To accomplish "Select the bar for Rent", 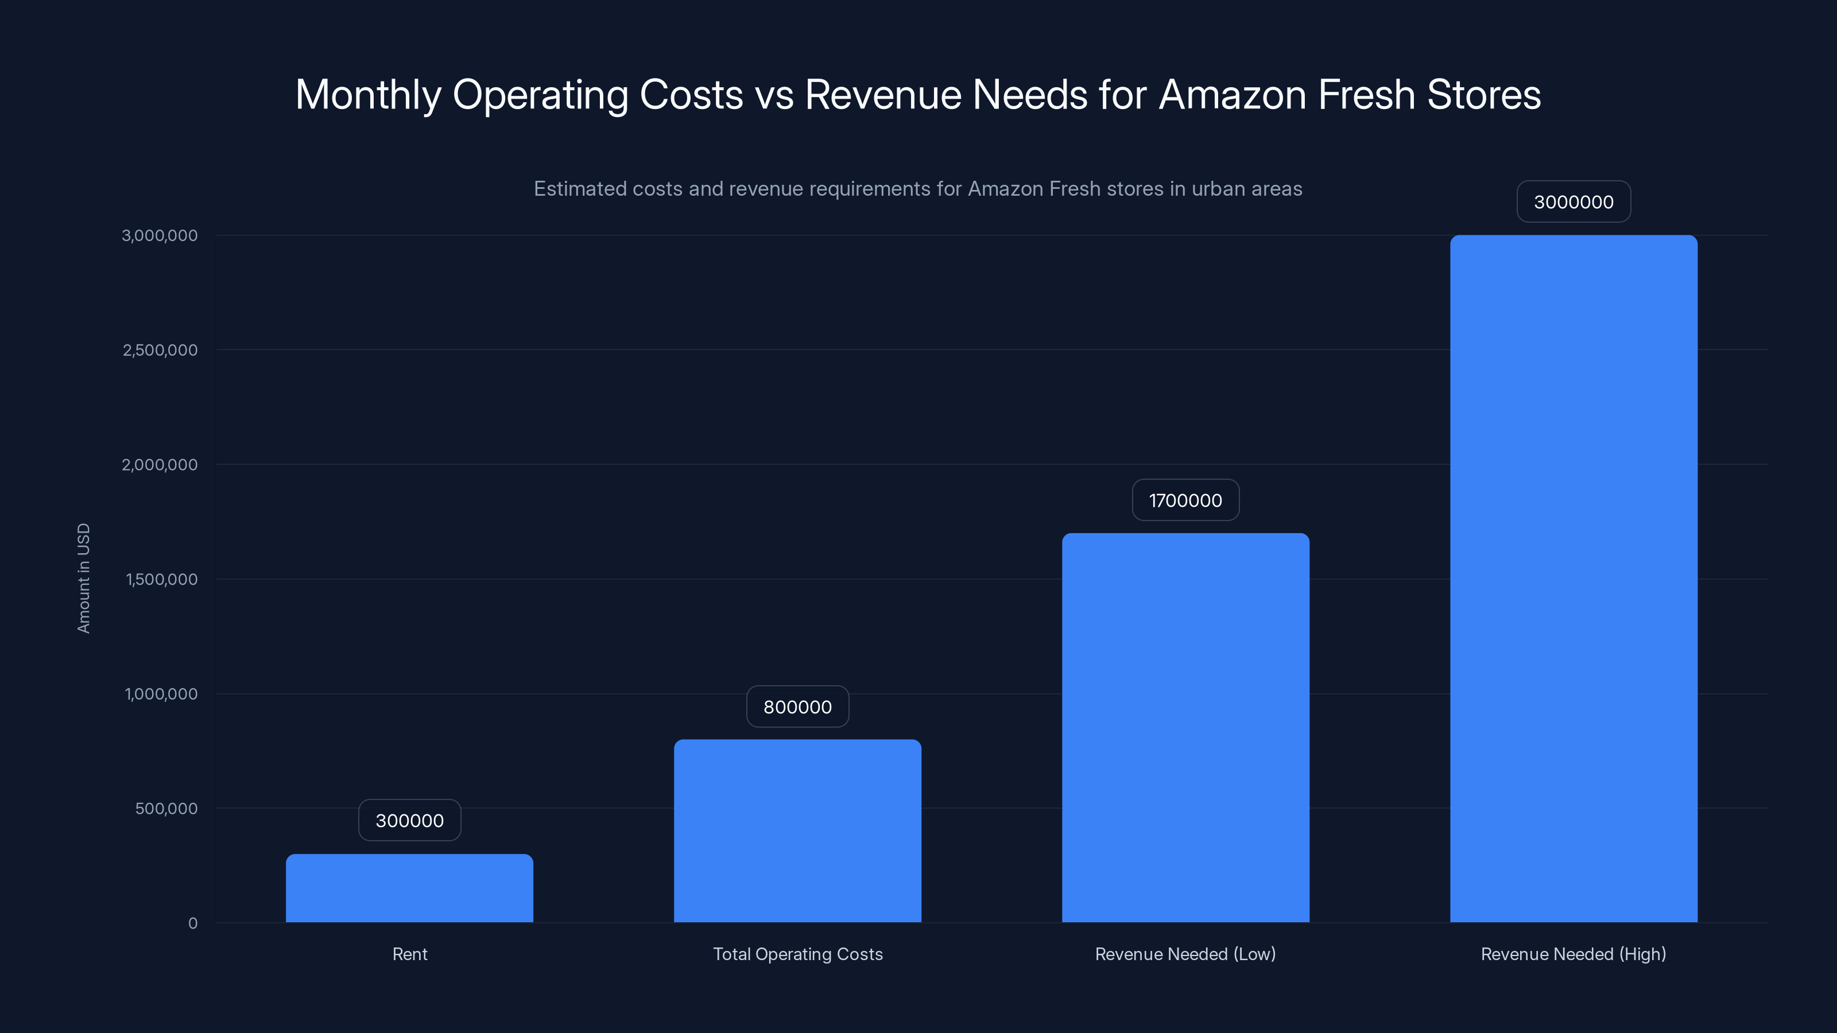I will point(409,888).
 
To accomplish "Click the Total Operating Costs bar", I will point(797,830).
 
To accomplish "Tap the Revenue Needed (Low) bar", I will point(1185,727).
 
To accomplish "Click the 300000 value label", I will point(409,821).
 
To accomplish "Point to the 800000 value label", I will point(797,706).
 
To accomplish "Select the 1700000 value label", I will point(1185,500).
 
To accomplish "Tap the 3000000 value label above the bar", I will point(1573,202).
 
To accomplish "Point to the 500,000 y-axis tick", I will point(166,809).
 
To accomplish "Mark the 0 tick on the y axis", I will point(192,923).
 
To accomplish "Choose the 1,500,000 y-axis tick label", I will point(161,580).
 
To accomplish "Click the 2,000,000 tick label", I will point(160,465).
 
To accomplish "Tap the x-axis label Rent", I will point(409,954).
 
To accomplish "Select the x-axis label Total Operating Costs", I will point(797,954).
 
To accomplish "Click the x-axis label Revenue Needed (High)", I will point(1573,954).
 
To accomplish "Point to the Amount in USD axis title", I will point(83,578).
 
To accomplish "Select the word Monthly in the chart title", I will point(368,95).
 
